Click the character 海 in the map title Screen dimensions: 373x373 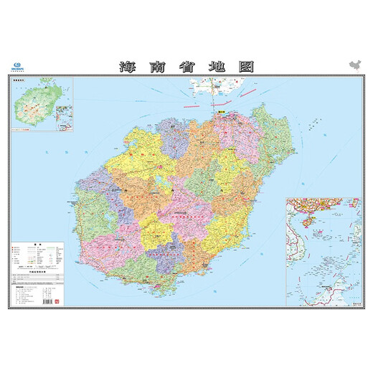(x=126, y=67)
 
